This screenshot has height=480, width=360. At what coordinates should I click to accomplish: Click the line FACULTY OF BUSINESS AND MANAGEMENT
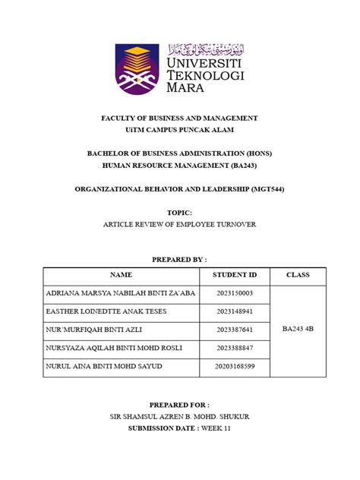[x=180, y=118]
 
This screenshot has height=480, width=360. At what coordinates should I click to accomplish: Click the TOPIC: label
[x=180, y=213]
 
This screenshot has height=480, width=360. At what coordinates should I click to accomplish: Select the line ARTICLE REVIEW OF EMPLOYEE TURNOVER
[x=180, y=226]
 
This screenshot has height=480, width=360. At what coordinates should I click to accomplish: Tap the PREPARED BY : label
[x=180, y=259]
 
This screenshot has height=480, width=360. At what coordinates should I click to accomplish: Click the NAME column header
[x=121, y=275]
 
